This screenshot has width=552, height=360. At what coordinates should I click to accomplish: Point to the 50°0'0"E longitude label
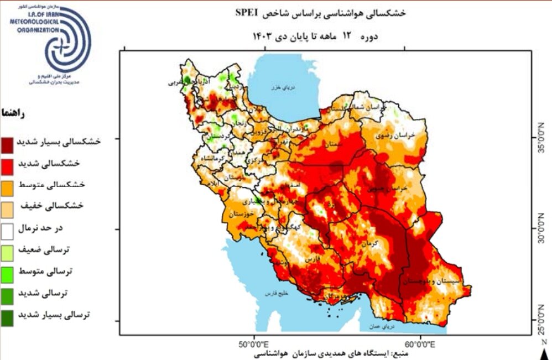click(x=254, y=345)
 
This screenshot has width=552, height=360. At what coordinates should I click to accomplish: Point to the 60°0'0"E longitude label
click(x=421, y=345)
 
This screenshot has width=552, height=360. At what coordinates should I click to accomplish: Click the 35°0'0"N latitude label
click(x=544, y=138)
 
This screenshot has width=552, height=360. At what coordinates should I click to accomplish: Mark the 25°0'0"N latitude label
click(x=544, y=320)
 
